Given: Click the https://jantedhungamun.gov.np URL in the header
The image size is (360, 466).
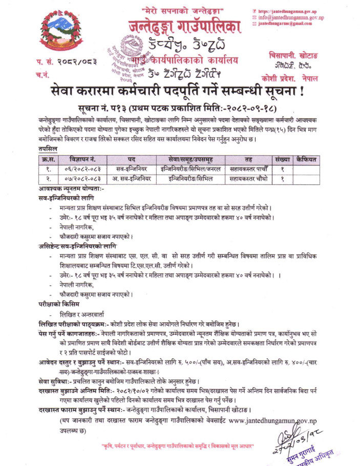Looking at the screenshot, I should click(290, 11).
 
